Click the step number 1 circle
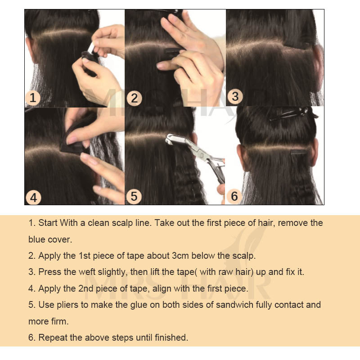[33, 98]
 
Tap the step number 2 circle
[134, 98]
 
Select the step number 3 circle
[235, 96]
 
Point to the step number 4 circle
[33, 198]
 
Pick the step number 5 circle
[134, 196]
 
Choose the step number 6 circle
[234, 196]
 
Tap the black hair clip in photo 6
[294, 113]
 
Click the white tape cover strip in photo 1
[91, 48]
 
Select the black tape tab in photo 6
[299, 152]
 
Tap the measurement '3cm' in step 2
[180, 256]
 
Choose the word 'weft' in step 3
[87, 272]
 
